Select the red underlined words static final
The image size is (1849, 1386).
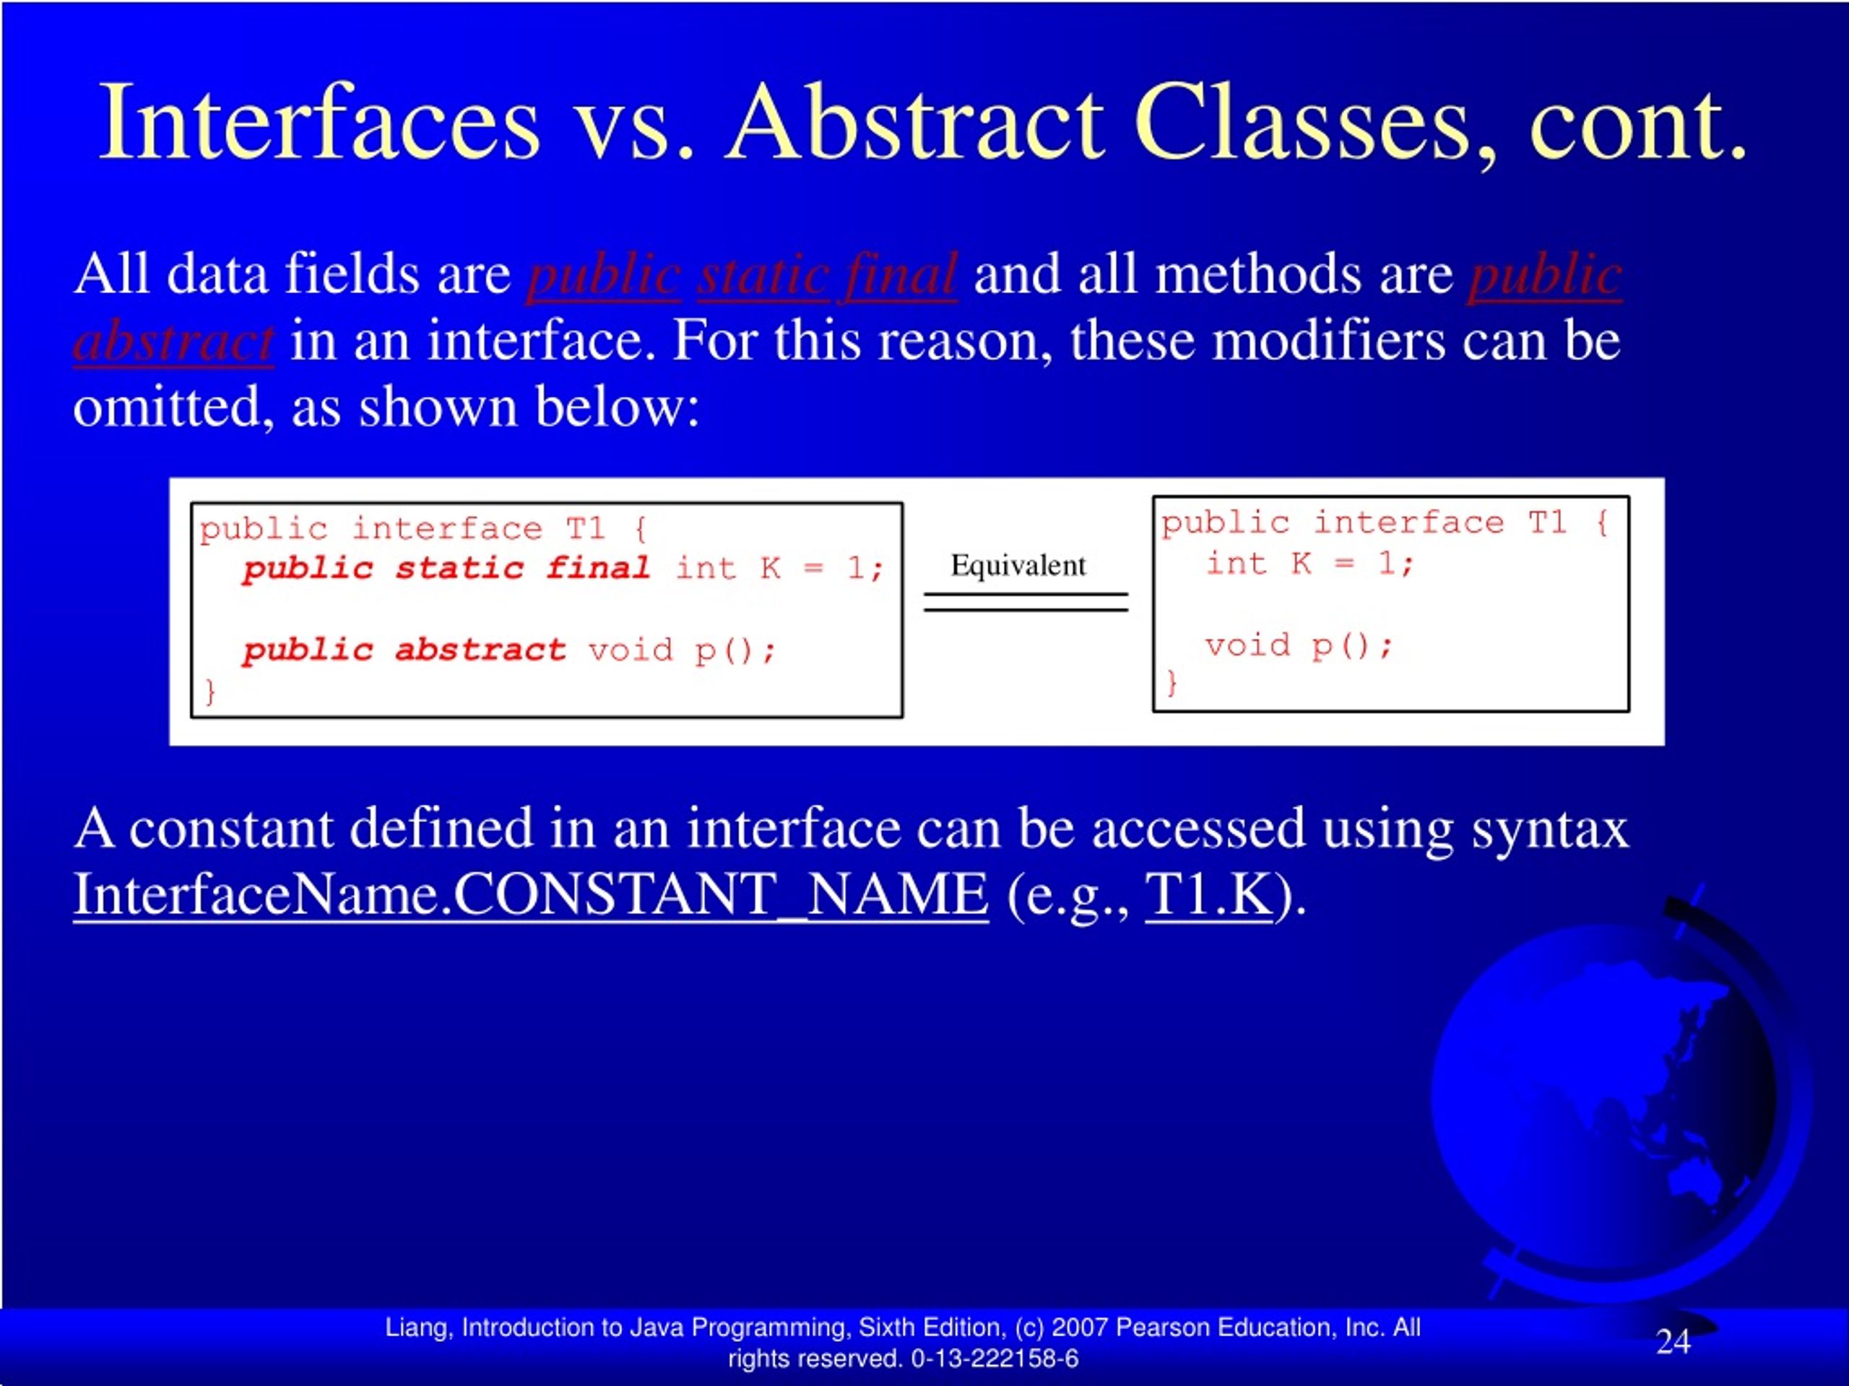[x=827, y=275]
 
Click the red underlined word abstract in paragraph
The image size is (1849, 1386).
[x=173, y=341]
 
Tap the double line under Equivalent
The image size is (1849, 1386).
[x=1026, y=602]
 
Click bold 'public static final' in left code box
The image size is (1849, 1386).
[x=446, y=569]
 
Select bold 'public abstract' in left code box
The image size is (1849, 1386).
[x=404, y=650]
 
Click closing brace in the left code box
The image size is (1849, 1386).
[x=209, y=692]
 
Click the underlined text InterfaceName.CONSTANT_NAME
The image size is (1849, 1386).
[x=530, y=894]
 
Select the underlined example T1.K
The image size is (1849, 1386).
[x=1208, y=894]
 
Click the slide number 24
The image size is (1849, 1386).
[x=1673, y=1342]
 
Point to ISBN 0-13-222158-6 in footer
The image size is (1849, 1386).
[x=995, y=1359]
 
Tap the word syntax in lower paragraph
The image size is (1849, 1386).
[x=1550, y=829]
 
